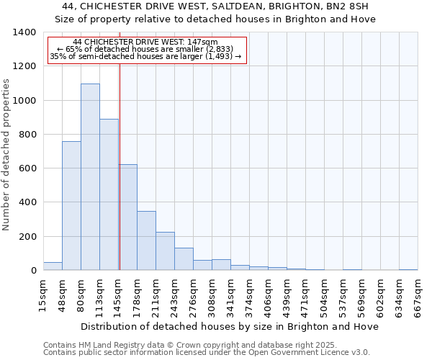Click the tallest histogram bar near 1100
click(x=90, y=176)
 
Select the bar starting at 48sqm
click(x=71, y=205)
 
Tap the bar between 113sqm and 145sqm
click(x=109, y=194)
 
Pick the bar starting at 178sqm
click(x=146, y=240)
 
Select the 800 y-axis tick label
click(x=27, y=135)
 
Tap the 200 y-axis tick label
click(x=27, y=237)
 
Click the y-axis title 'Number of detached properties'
click(x=6, y=165)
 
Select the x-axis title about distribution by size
click(x=230, y=326)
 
